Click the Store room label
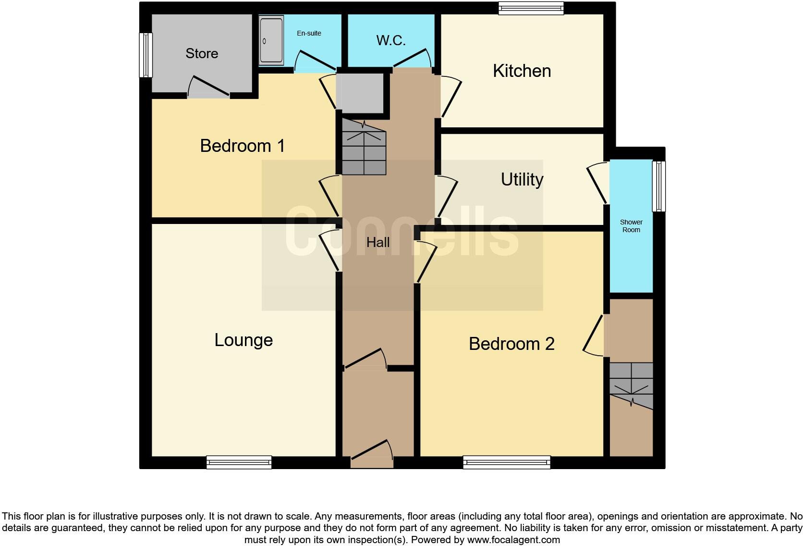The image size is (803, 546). coord(202,53)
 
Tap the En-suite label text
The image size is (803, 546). coord(309,33)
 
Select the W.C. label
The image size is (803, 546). coord(391,40)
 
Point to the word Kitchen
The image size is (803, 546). coord(522,71)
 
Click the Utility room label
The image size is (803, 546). coord(522,180)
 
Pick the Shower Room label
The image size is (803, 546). coord(631,226)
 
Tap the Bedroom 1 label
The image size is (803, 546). coord(243,146)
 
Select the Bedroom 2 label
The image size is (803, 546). coord(511,344)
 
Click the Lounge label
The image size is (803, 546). coord(243,340)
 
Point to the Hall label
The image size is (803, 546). coord(378,242)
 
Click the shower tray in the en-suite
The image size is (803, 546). coord(271,40)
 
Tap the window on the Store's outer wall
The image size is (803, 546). coord(146,55)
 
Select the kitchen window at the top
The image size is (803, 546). coord(531,8)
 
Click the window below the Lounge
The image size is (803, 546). coord(239,462)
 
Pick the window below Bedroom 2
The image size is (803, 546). coord(507,462)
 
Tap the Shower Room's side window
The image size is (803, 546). coord(659,186)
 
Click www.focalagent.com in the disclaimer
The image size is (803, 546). coord(513,540)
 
